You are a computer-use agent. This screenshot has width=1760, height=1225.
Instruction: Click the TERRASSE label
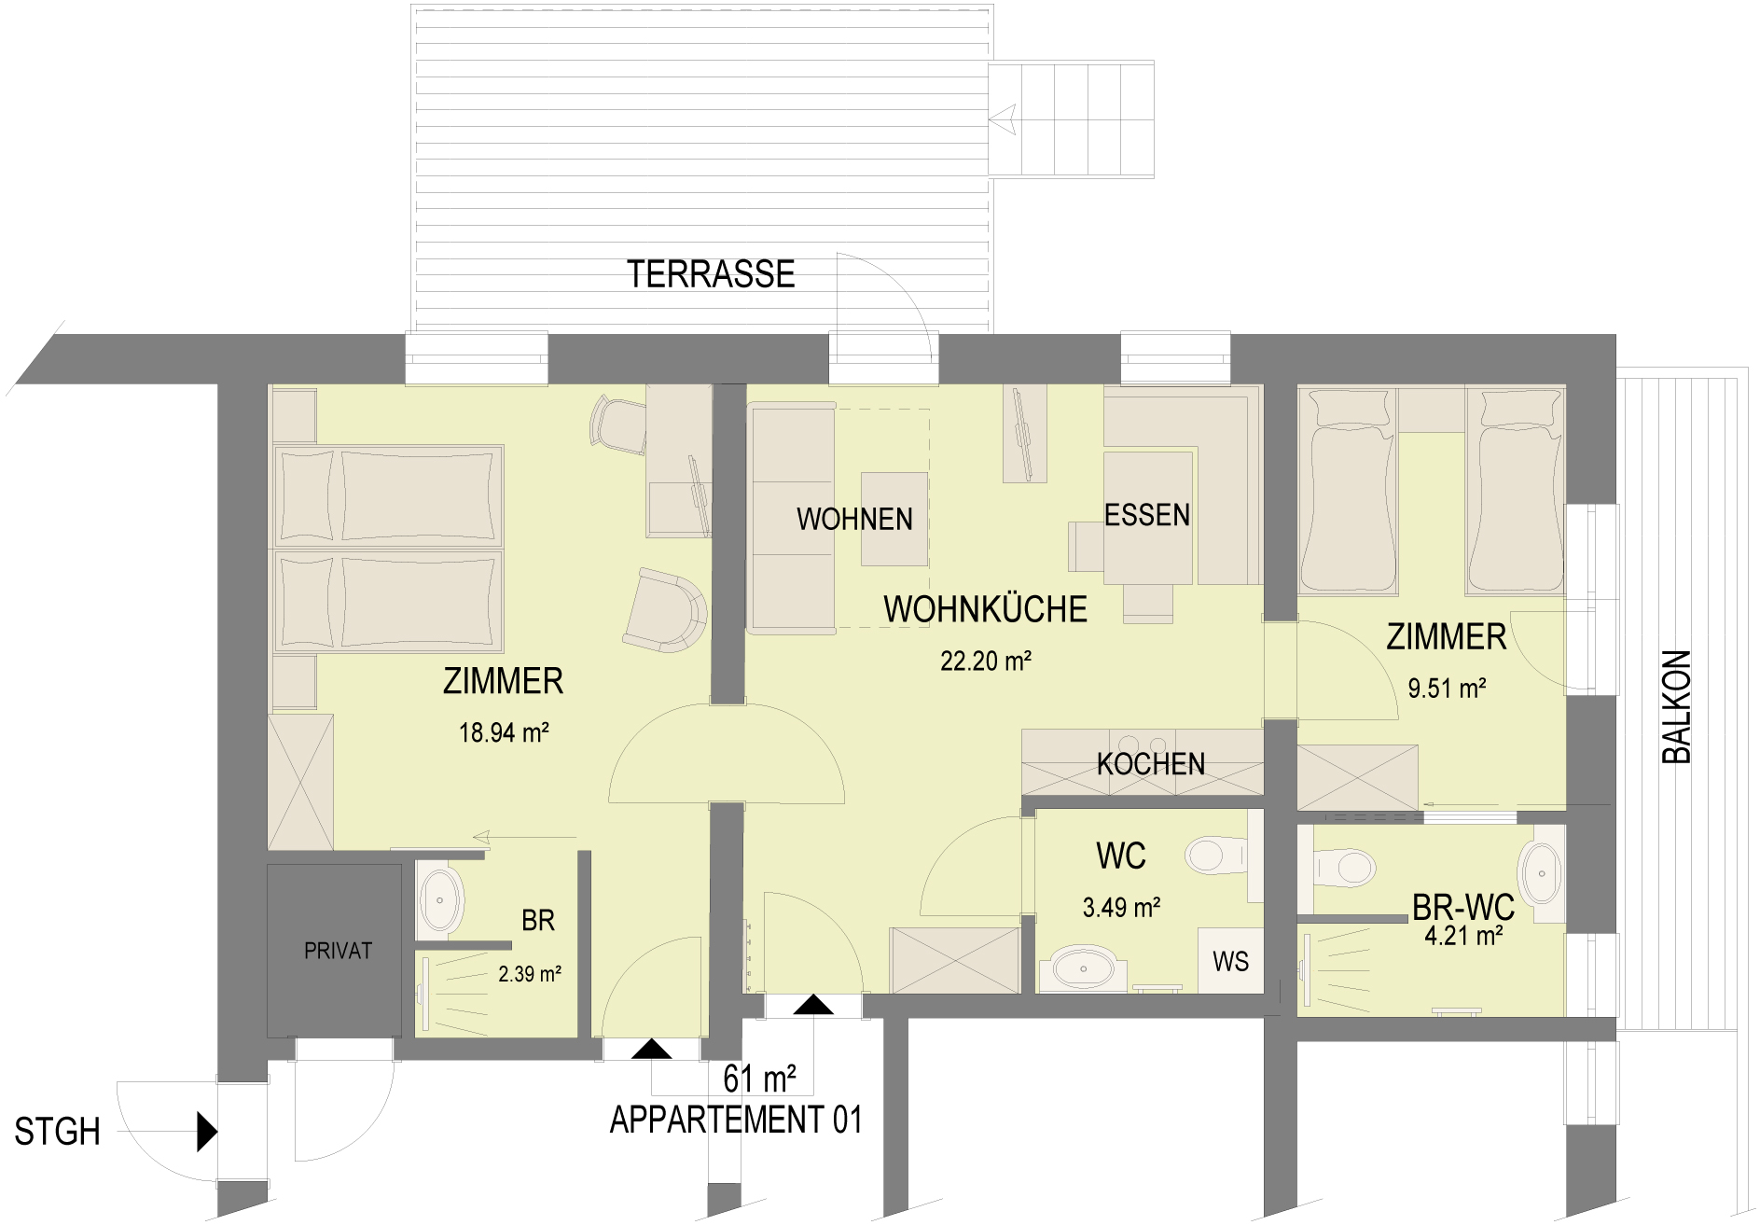(x=711, y=274)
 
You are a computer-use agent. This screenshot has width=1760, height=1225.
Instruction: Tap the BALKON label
(x=1677, y=707)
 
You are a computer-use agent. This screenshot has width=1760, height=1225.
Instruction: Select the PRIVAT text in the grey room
(x=338, y=951)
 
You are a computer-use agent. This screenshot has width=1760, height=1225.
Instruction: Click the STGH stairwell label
(x=57, y=1132)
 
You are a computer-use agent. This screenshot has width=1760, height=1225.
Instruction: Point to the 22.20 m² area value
(x=986, y=661)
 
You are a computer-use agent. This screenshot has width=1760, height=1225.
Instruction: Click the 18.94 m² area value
(x=504, y=732)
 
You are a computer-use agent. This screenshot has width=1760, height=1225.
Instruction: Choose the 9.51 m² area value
(x=1447, y=689)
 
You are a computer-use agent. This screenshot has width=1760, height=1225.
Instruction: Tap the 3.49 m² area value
(x=1121, y=907)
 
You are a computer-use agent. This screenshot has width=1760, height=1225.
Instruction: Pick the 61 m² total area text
(x=759, y=1079)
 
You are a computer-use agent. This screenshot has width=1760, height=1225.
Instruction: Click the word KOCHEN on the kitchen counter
(x=1151, y=764)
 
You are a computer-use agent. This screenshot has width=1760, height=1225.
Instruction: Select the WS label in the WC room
(x=1230, y=962)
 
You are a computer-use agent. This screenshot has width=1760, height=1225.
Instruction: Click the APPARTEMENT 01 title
(x=736, y=1120)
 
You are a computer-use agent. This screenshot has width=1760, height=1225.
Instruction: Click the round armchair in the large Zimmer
(x=665, y=610)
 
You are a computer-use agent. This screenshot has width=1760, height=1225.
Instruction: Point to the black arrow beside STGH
(x=207, y=1132)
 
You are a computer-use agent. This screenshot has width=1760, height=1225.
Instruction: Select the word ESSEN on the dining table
(x=1147, y=515)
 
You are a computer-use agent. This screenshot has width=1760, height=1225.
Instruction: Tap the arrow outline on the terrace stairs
(x=1004, y=119)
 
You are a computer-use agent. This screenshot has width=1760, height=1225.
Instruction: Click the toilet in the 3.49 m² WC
(x=1216, y=855)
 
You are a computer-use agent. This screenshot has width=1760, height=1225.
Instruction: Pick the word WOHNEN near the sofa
(x=854, y=519)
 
